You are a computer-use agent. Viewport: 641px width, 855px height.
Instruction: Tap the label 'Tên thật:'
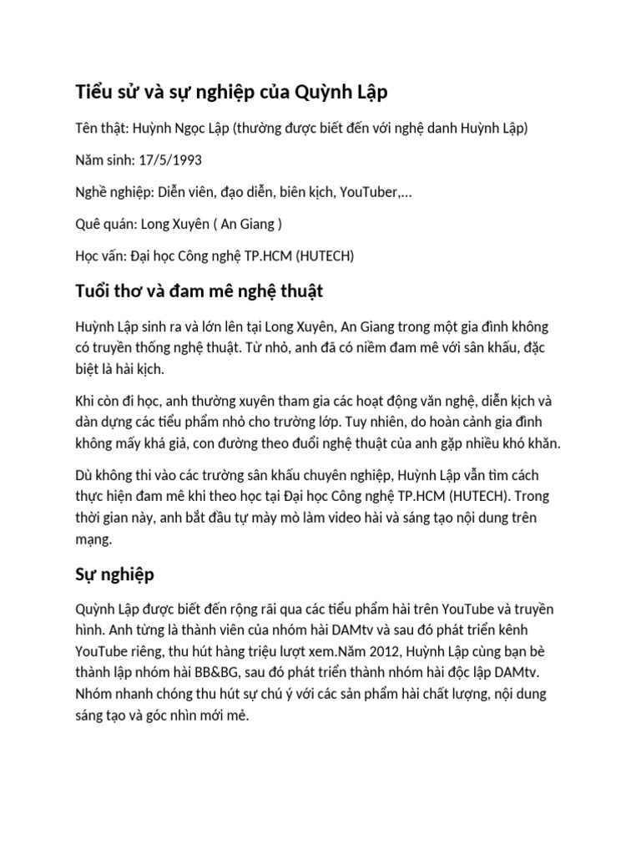tap(100, 128)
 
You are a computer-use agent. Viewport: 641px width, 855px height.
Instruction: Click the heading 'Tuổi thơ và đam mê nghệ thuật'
tap(199, 291)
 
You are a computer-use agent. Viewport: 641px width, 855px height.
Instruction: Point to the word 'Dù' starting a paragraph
tap(84, 474)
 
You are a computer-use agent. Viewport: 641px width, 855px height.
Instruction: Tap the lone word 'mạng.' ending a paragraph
tap(93, 539)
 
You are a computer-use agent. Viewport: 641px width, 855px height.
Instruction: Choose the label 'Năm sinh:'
tap(103, 159)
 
